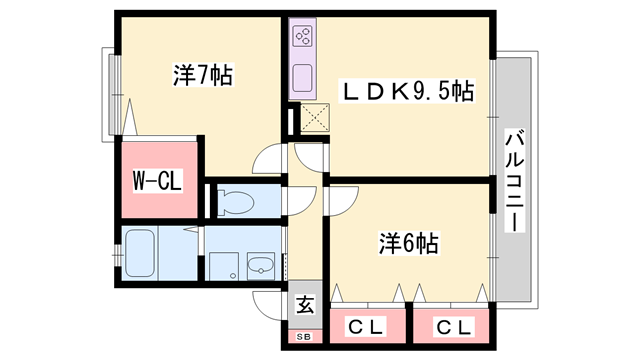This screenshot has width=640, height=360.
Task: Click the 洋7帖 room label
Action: tap(202, 75)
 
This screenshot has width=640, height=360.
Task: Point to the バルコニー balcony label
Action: tap(514, 180)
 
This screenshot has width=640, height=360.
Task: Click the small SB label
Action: tap(304, 337)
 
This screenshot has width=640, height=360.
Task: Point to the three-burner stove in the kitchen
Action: tap(303, 39)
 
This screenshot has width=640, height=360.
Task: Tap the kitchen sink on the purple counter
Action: tap(303, 76)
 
